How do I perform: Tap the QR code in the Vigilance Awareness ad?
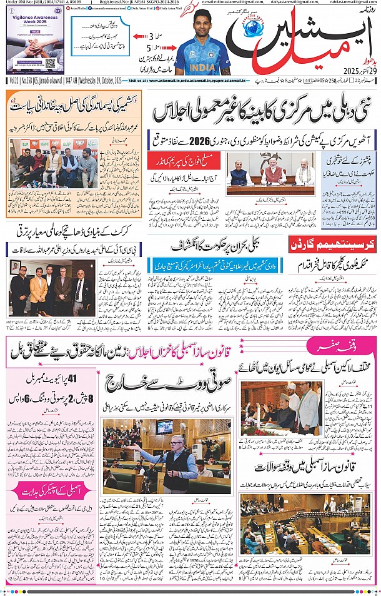click(x=51, y=63)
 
